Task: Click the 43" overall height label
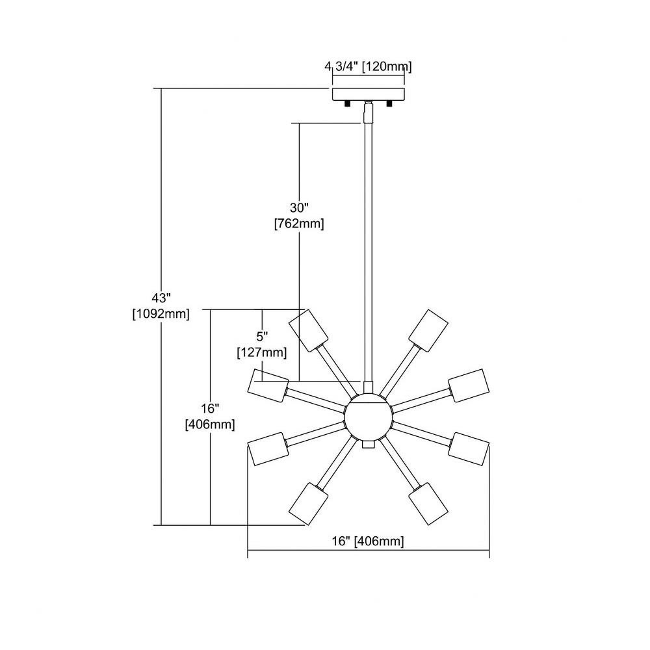161,298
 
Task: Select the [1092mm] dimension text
161,314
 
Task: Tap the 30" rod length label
299,207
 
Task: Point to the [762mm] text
299,224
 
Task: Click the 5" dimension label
262,336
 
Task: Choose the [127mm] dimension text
262,353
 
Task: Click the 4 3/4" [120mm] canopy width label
368,66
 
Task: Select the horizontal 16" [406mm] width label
368,541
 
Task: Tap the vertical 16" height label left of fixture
210,409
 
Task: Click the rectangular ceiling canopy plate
369,94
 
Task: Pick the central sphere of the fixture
368,417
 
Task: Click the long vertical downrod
368,249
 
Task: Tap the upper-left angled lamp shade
308,330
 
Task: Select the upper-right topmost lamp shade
428,330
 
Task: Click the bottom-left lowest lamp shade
308,504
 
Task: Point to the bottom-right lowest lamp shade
428,504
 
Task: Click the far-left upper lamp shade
268,385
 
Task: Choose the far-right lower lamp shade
469,449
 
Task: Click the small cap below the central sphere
368,444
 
